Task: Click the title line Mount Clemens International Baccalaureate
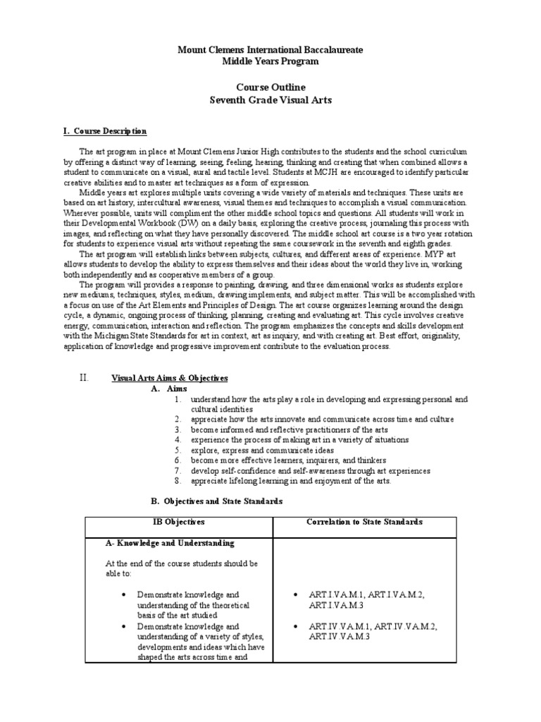coord(270,50)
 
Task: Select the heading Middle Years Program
coord(270,61)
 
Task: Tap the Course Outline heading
coord(270,88)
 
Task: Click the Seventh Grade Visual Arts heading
coord(270,100)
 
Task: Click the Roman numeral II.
coord(83,378)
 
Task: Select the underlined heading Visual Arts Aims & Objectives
coord(170,379)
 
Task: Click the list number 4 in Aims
coord(178,439)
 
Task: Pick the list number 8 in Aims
coord(178,481)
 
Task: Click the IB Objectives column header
coord(179,522)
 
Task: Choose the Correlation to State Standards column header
coord(364,522)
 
